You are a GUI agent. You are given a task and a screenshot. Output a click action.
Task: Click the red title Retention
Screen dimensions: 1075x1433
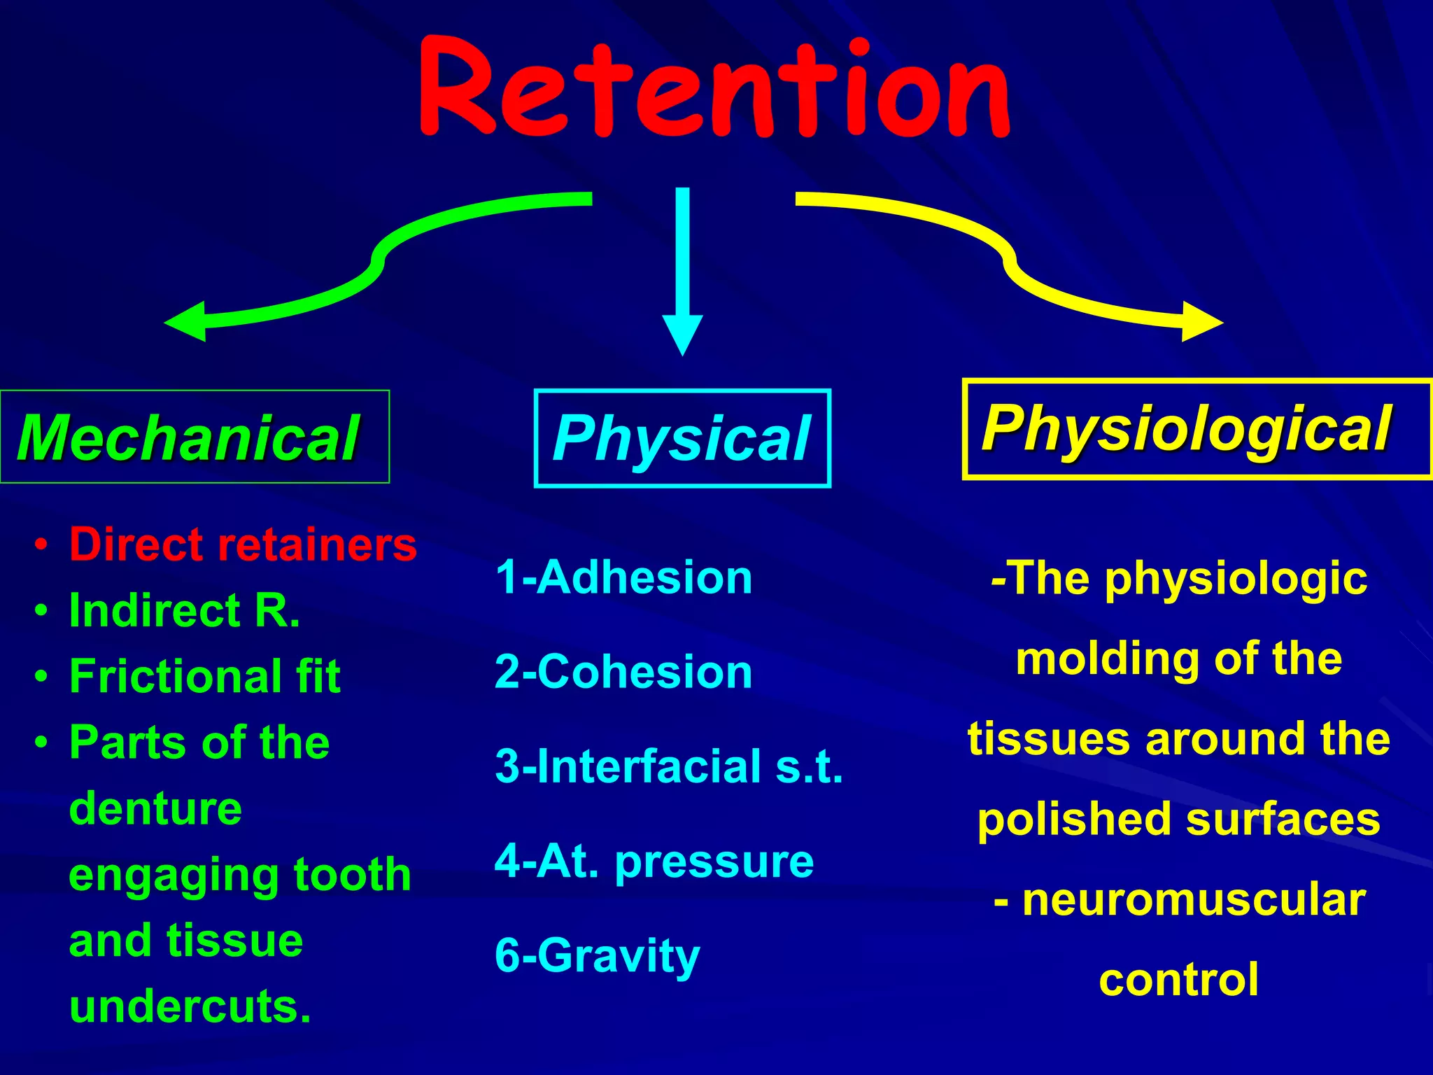pos(714,87)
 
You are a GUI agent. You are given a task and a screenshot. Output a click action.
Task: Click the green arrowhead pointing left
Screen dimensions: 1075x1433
pos(188,322)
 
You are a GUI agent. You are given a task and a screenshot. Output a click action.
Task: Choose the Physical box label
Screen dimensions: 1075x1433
pos(682,439)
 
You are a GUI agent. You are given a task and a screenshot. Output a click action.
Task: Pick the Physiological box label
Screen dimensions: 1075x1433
pos(1187,429)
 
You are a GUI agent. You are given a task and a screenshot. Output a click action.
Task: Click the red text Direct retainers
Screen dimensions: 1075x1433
pos(243,544)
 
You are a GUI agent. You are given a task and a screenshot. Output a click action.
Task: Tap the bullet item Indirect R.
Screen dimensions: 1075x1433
pos(185,610)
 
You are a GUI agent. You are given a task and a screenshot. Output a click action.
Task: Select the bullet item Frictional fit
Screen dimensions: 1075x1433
pos(204,676)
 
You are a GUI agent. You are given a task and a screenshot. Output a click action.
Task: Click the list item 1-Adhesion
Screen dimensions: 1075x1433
pos(623,577)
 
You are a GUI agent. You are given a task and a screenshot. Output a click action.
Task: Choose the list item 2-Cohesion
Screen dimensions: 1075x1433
pos(623,672)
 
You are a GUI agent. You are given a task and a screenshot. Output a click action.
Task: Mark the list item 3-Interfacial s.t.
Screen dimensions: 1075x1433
pos(669,766)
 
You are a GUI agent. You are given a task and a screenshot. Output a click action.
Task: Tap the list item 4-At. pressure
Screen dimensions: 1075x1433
pos(654,861)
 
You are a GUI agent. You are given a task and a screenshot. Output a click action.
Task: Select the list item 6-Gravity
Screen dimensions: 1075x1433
pos(597,955)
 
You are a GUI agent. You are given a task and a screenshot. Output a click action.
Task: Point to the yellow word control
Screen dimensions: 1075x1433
pos(1179,980)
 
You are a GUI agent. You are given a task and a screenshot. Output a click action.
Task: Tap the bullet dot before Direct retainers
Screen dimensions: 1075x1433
pos(42,544)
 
